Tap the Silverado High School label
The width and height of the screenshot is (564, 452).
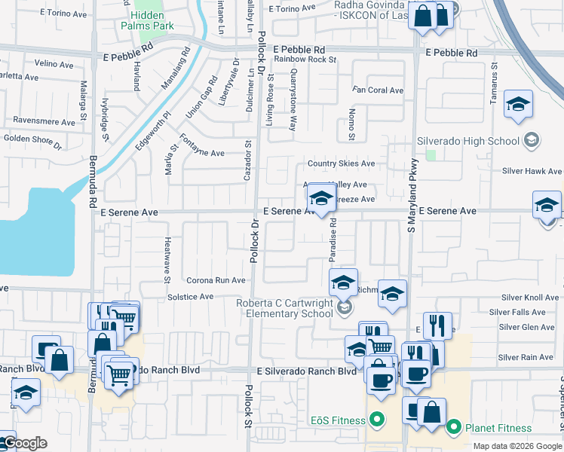(x=468, y=141)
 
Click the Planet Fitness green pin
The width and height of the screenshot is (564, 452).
(x=453, y=428)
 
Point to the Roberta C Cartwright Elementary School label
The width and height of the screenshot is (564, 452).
(x=284, y=308)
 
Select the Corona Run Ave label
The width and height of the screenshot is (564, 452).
(x=216, y=280)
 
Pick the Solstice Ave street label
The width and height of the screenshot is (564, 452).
(x=191, y=297)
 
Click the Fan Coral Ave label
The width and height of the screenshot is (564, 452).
(x=378, y=90)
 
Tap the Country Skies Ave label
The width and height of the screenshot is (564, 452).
(x=341, y=164)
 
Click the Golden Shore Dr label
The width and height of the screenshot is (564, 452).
(x=32, y=139)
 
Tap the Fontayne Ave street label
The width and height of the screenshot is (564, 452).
(x=201, y=153)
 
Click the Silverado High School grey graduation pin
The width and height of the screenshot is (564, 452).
(x=531, y=140)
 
